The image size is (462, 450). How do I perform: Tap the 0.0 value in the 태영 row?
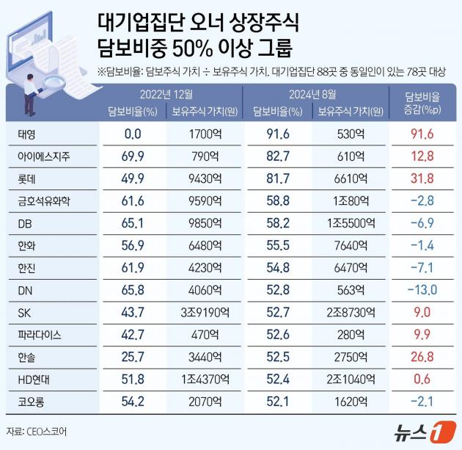[x=132, y=134]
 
